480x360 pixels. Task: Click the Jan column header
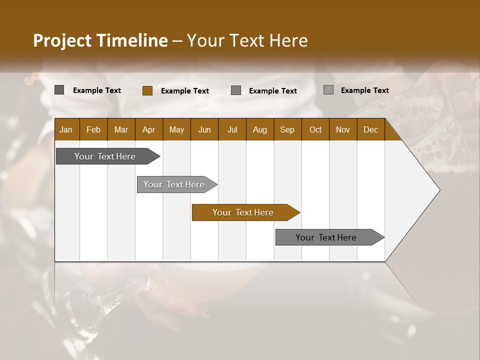click(66, 129)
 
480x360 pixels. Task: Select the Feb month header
click(93, 129)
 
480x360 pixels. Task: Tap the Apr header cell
click(148, 129)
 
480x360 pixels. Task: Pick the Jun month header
click(204, 129)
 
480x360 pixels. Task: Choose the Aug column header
click(259, 129)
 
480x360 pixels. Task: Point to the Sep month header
click(287, 129)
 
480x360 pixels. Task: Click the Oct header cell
click(315, 129)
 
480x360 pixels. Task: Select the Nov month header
click(343, 129)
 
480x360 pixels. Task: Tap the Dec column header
click(370, 129)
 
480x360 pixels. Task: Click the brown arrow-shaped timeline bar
click(243, 212)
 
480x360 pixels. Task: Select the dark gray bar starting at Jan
click(105, 156)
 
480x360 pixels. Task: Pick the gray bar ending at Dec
click(326, 237)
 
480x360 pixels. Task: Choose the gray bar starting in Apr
click(174, 184)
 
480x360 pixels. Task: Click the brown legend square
click(147, 90)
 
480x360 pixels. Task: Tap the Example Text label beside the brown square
click(185, 90)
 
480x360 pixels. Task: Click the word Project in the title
click(61, 40)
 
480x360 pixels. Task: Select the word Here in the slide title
click(288, 40)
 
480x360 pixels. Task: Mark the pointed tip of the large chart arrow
click(439, 190)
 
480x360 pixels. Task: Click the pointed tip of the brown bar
click(299, 212)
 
